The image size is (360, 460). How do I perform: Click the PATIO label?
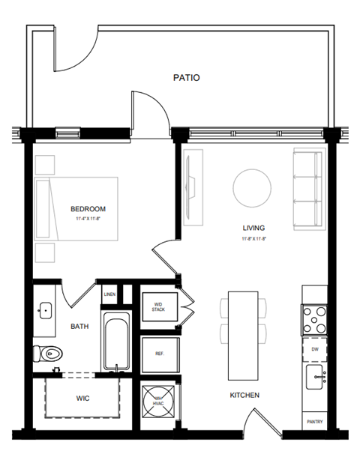coord(186,77)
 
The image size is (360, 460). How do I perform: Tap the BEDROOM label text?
coord(88,209)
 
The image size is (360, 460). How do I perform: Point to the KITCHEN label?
coord(244,395)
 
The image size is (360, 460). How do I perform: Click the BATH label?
coord(80,327)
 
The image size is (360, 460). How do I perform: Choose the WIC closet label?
coord(82,399)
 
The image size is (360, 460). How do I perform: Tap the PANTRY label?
coord(314,422)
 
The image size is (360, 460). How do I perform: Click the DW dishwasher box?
coord(314,349)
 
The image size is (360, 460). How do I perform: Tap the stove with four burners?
coord(314,320)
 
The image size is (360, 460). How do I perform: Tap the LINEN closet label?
coord(109,295)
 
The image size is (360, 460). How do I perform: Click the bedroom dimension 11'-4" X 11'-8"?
coord(88,220)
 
